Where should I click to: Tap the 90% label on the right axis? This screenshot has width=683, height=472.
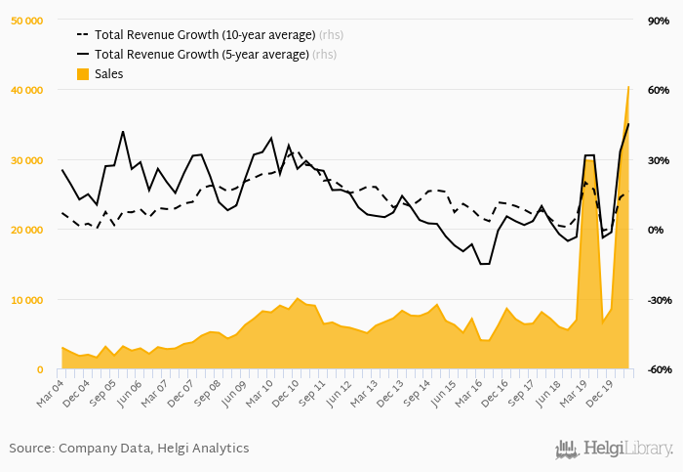(x=656, y=21)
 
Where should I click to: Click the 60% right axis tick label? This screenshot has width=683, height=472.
(x=656, y=90)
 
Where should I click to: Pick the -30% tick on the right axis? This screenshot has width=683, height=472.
(x=655, y=300)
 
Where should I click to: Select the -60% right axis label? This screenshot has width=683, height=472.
(x=655, y=369)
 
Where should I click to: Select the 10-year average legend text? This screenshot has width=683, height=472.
(x=205, y=35)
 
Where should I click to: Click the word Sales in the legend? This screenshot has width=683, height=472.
(x=109, y=74)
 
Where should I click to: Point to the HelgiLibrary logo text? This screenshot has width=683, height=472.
(x=628, y=450)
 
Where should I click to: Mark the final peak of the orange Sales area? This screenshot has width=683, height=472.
(x=628, y=87)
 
